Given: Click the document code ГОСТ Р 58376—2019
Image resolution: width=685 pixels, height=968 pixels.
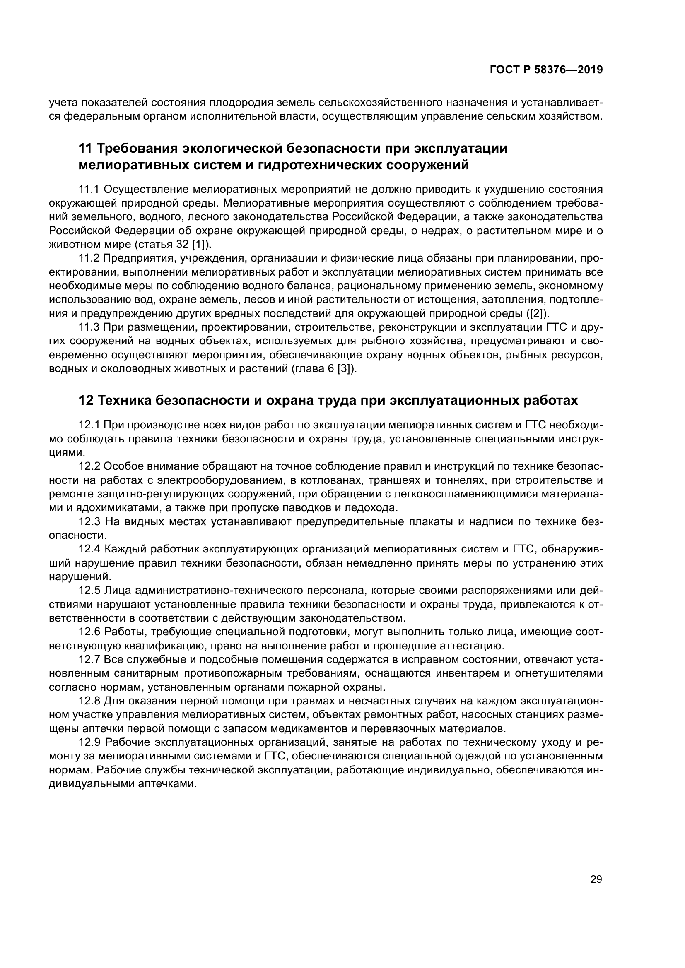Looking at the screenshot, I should coord(546,70).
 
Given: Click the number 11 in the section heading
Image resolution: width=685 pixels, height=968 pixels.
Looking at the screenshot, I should coord(85,149).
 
